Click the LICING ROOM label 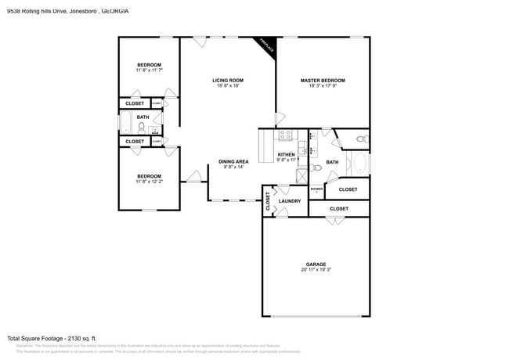click(227, 80)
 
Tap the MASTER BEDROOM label click(323, 80)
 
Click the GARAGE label click(316, 264)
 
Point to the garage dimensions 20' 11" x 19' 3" click(316, 270)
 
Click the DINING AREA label click(233, 161)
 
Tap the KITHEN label click(287, 155)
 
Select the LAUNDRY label click(289, 201)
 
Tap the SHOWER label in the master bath click(316, 189)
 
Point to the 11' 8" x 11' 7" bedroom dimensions click(149, 71)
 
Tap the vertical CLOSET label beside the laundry click(268, 201)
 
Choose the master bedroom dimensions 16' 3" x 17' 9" click(323, 86)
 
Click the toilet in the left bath click(142, 126)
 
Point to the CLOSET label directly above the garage click(338, 209)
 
